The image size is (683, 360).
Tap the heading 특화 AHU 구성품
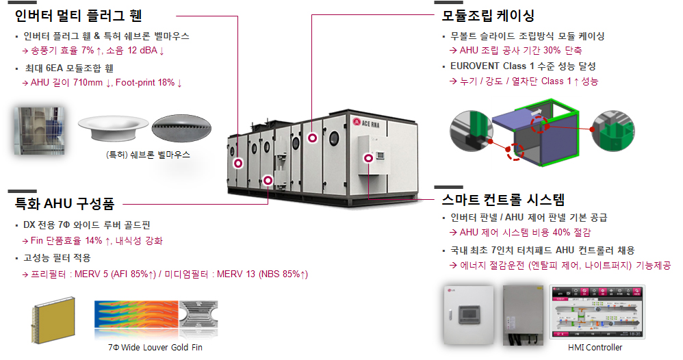tap(64, 203)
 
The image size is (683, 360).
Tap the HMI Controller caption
tap(595, 348)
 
